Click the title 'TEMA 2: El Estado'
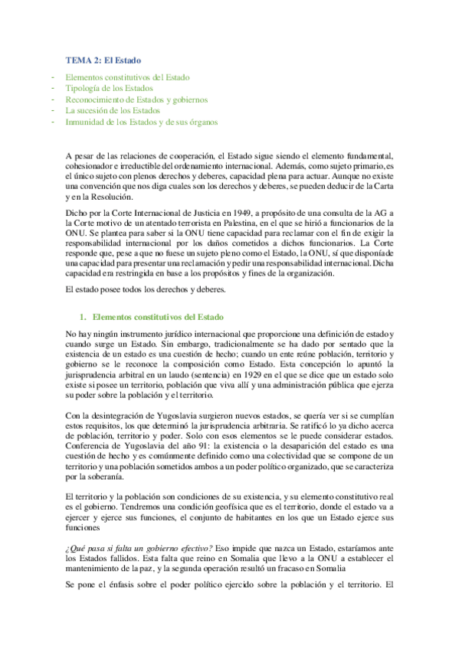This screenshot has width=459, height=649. tap(102, 60)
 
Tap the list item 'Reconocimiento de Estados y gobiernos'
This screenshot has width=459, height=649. tap(136, 99)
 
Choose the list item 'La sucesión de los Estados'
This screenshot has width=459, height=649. tap(112, 111)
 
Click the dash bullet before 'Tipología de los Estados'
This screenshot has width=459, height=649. tap(51, 89)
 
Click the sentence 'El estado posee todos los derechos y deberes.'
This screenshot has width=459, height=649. tap(146, 290)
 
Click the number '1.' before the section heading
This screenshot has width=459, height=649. tap(83, 316)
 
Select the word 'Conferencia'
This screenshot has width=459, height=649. tap(89, 445)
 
